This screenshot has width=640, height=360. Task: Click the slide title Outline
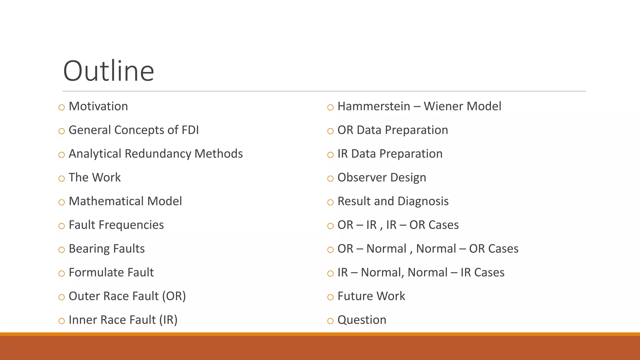tap(108, 71)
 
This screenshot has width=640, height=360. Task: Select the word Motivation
tap(98, 107)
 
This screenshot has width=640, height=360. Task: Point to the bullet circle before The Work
tap(62, 179)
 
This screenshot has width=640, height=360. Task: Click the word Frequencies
tap(131, 225)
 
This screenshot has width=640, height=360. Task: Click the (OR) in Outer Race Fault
tap(174, 297)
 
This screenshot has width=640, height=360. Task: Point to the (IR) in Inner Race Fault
tap(168, 320)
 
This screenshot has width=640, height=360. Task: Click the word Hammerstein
tap(373, 107)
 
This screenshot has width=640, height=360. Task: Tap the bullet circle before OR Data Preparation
tap(330, 131)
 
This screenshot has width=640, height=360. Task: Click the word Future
tap(355, 297)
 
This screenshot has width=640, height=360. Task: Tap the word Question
tap(362, 320)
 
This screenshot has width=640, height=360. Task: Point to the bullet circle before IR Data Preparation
tap(330, 155)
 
